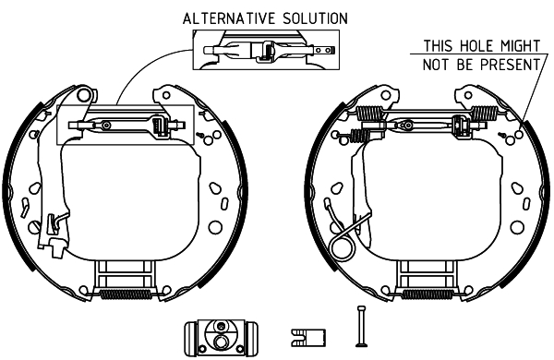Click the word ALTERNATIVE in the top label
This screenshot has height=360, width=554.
pos(229,18)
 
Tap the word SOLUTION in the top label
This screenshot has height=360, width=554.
pos(315,18)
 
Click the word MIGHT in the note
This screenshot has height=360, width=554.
pos(520,46)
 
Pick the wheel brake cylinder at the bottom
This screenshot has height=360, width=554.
pos(222,338)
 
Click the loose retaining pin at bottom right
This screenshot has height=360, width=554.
pos(361,327)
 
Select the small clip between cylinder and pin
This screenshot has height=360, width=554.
pos(308,338)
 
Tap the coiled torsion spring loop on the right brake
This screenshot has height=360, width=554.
pos(342,248)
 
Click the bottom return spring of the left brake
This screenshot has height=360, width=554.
pos(126,294)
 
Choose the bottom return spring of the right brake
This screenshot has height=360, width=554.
pos(428,294)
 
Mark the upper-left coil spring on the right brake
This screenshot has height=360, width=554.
pos(370,113)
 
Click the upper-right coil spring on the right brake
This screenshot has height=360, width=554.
pos(485,113)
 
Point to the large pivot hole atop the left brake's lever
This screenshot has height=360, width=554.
pos(84,95)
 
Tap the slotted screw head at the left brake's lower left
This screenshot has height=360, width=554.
pos(35,227)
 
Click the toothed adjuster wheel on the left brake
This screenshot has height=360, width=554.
pos(158,126)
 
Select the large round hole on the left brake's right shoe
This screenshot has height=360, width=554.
pos(215,227)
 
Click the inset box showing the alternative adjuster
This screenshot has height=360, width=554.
pos(266,50)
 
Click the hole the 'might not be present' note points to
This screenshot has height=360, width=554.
pos(519,135)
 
